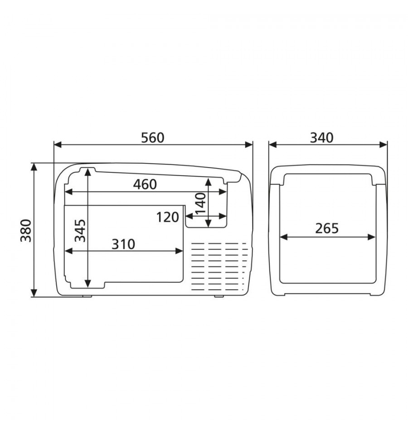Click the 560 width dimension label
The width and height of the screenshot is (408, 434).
click(x=153, y=138)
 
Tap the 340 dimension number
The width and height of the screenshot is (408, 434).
click(x=321, y=138)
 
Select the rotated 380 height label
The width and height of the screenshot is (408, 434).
click(x=26, y=230)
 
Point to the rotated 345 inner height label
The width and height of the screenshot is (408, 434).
click(x=81, y=230)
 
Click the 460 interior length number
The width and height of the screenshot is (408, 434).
click(x=145, y=184)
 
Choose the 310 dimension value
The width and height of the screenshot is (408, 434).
click(x=123, y=244)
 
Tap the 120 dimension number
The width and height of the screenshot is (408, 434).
click(x=167, y=217)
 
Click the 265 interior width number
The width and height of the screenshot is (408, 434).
click(x=327, y=229)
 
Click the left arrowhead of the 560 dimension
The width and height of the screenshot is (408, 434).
click(x=58, y=144)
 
